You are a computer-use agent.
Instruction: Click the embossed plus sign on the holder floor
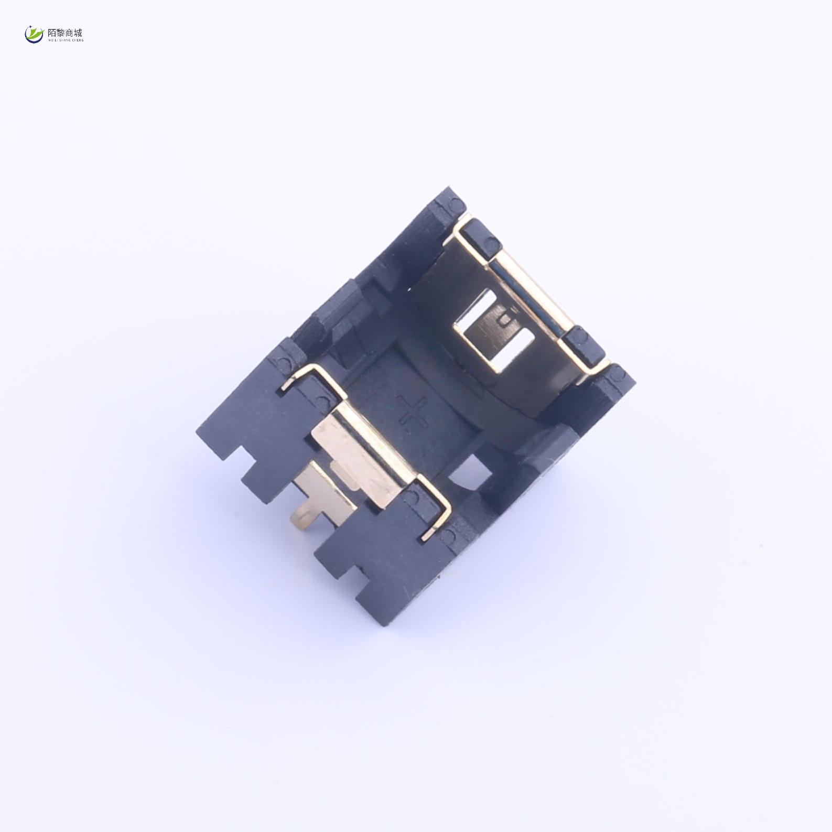(x=413, y=414)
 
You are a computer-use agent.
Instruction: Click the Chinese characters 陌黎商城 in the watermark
(x=65, y=33)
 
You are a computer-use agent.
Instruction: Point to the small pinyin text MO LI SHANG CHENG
(x=65, y=40)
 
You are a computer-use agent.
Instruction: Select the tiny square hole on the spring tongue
(x=505, y=318)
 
